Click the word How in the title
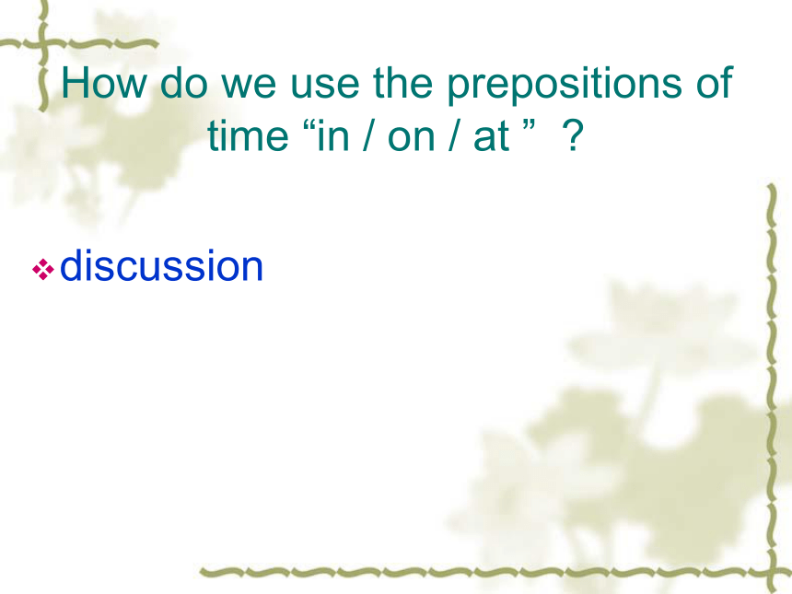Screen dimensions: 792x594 (103, 82)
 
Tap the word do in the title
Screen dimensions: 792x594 (184, 82)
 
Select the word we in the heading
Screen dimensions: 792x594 (249, 87)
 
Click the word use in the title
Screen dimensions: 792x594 (324, 87)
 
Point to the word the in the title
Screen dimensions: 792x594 (402, 82)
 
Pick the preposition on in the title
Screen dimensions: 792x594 (411, 139)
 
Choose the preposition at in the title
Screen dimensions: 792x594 (491, 137)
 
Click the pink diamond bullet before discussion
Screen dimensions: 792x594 (43, 269)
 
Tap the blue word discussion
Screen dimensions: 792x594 (162, 265)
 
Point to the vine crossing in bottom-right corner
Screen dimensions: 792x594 (774, 572)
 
